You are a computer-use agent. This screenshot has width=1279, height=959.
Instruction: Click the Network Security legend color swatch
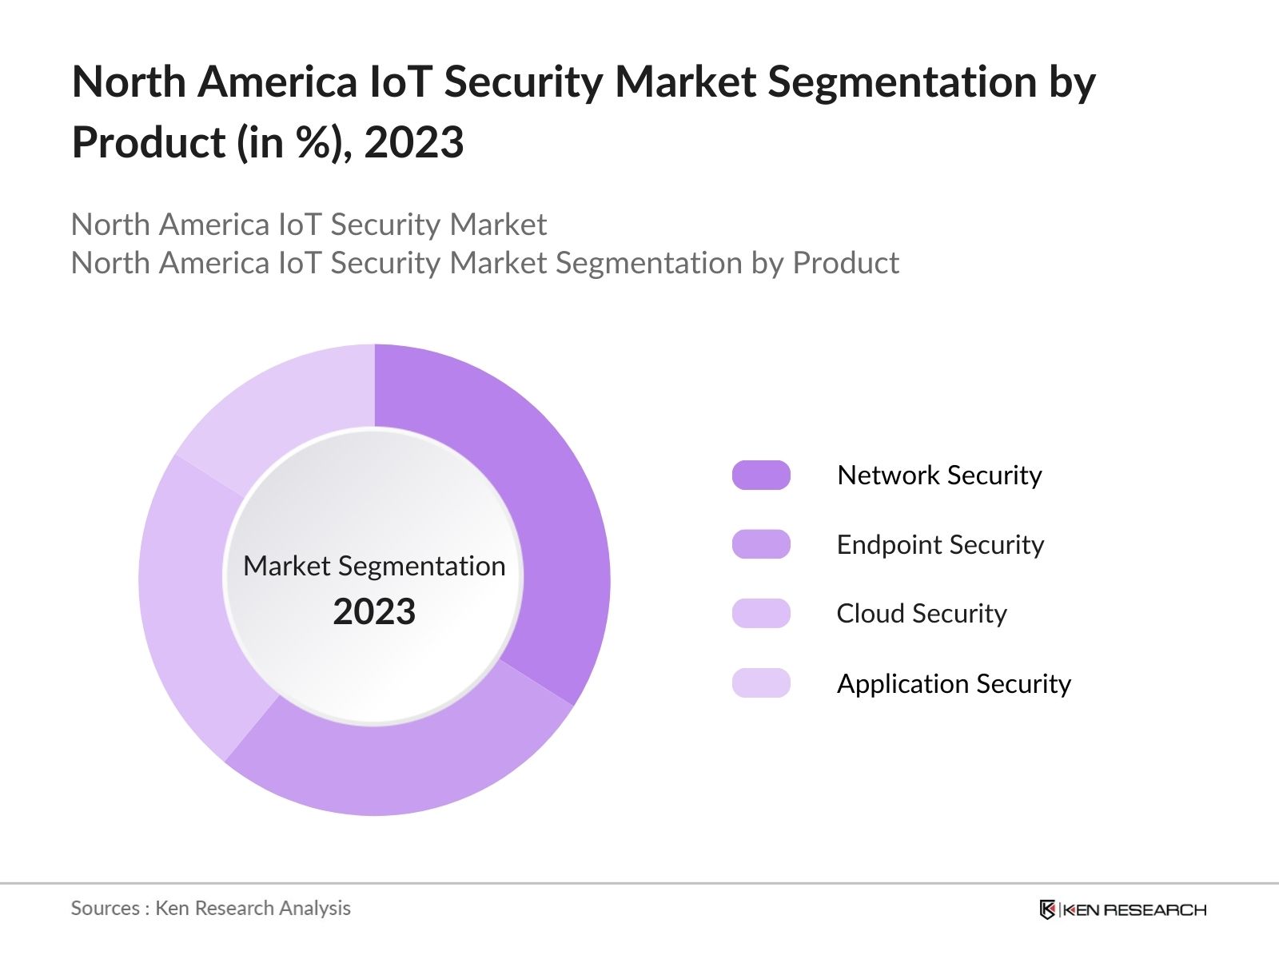click(x=761, y=475)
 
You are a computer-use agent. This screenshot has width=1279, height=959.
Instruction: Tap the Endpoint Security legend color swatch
click(x=761, y=544)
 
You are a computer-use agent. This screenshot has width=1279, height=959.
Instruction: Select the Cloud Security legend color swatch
click(x=761, y=614)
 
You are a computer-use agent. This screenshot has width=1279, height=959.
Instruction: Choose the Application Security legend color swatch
click(x=761, y=683)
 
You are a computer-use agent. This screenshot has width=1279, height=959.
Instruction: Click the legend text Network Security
click(x=939, y=475)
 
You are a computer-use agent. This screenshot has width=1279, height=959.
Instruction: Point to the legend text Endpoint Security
click(x=940, y=544)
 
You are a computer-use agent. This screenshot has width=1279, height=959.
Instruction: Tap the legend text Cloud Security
click(x=922, y=614)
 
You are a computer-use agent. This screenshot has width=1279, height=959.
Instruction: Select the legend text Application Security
click(x=954, y=683)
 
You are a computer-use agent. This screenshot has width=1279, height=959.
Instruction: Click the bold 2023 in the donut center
click(x=374, y=611)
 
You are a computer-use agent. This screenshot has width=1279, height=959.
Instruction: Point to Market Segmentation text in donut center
click(x=374, y=566)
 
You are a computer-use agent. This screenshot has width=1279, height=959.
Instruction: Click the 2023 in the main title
click(x=413, y=142)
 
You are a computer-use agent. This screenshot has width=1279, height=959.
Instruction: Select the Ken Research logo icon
click(x=1047, y=909)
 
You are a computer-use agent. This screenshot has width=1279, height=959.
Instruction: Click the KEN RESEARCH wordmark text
click(x=1135, y=909)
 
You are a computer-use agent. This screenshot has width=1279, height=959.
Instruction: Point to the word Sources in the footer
click(x=105, y=908)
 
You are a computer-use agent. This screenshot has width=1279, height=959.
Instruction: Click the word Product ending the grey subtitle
click(x=846, y=263)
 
